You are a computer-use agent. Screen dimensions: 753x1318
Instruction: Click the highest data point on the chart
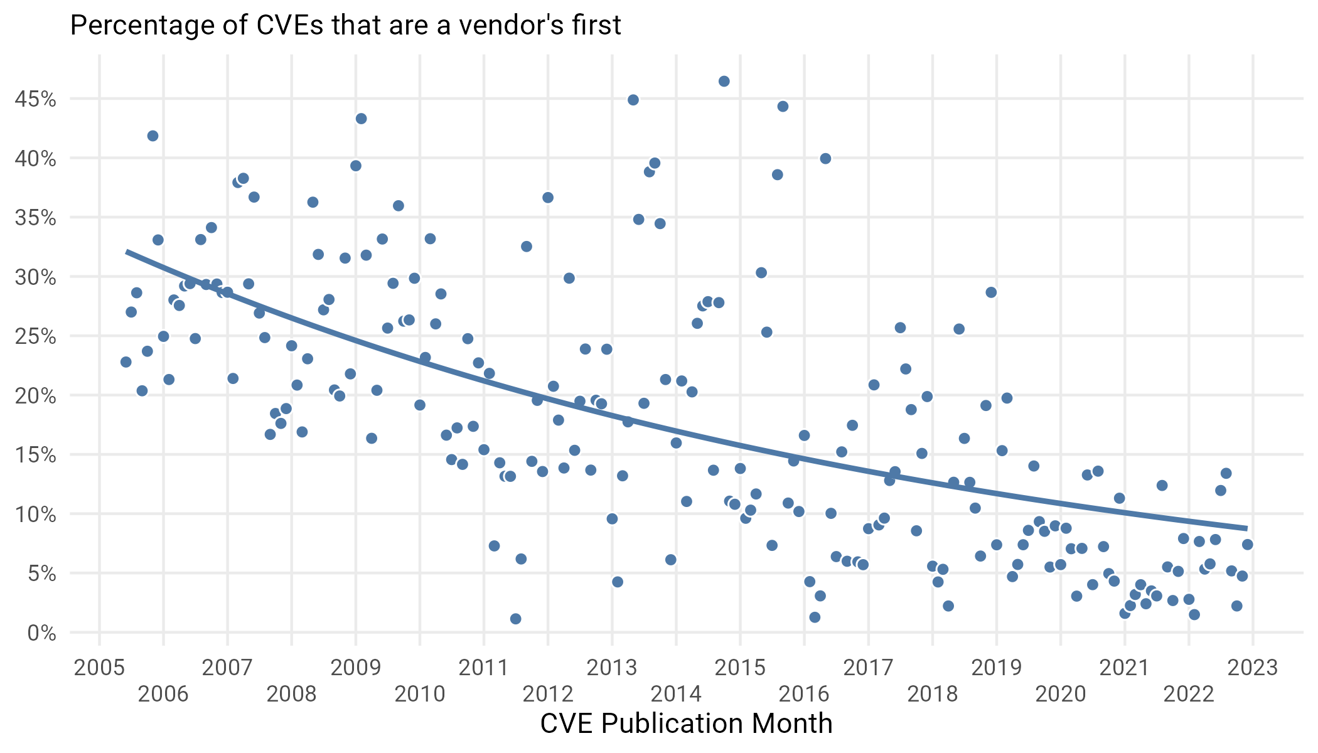(724, 81)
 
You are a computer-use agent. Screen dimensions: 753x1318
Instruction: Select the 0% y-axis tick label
(42, 633)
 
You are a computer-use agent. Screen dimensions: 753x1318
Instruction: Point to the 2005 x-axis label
(99, 668)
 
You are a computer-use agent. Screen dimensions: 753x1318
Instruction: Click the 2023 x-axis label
(1252, 668)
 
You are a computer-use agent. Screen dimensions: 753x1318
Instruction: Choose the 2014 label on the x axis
(676, 694)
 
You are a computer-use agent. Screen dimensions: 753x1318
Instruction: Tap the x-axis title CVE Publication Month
(686, 724)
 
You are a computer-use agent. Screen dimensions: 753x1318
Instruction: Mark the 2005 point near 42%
(153, 136)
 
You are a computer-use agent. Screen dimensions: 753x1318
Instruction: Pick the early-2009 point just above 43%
(361, 119)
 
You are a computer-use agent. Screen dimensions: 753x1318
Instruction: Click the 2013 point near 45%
(633, 100)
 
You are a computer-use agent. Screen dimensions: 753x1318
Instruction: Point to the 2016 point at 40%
(825, 159)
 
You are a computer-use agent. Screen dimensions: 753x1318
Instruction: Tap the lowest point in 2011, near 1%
(515, 619)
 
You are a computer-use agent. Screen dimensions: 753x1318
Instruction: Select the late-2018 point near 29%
(991, 292)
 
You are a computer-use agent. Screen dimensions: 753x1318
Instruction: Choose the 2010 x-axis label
(420, 694)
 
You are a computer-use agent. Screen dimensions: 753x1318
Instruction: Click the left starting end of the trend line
(127, 252)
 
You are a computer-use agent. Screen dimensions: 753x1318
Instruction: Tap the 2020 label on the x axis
(1060, 694)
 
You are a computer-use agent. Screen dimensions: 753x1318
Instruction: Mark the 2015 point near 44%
(783, 107)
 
